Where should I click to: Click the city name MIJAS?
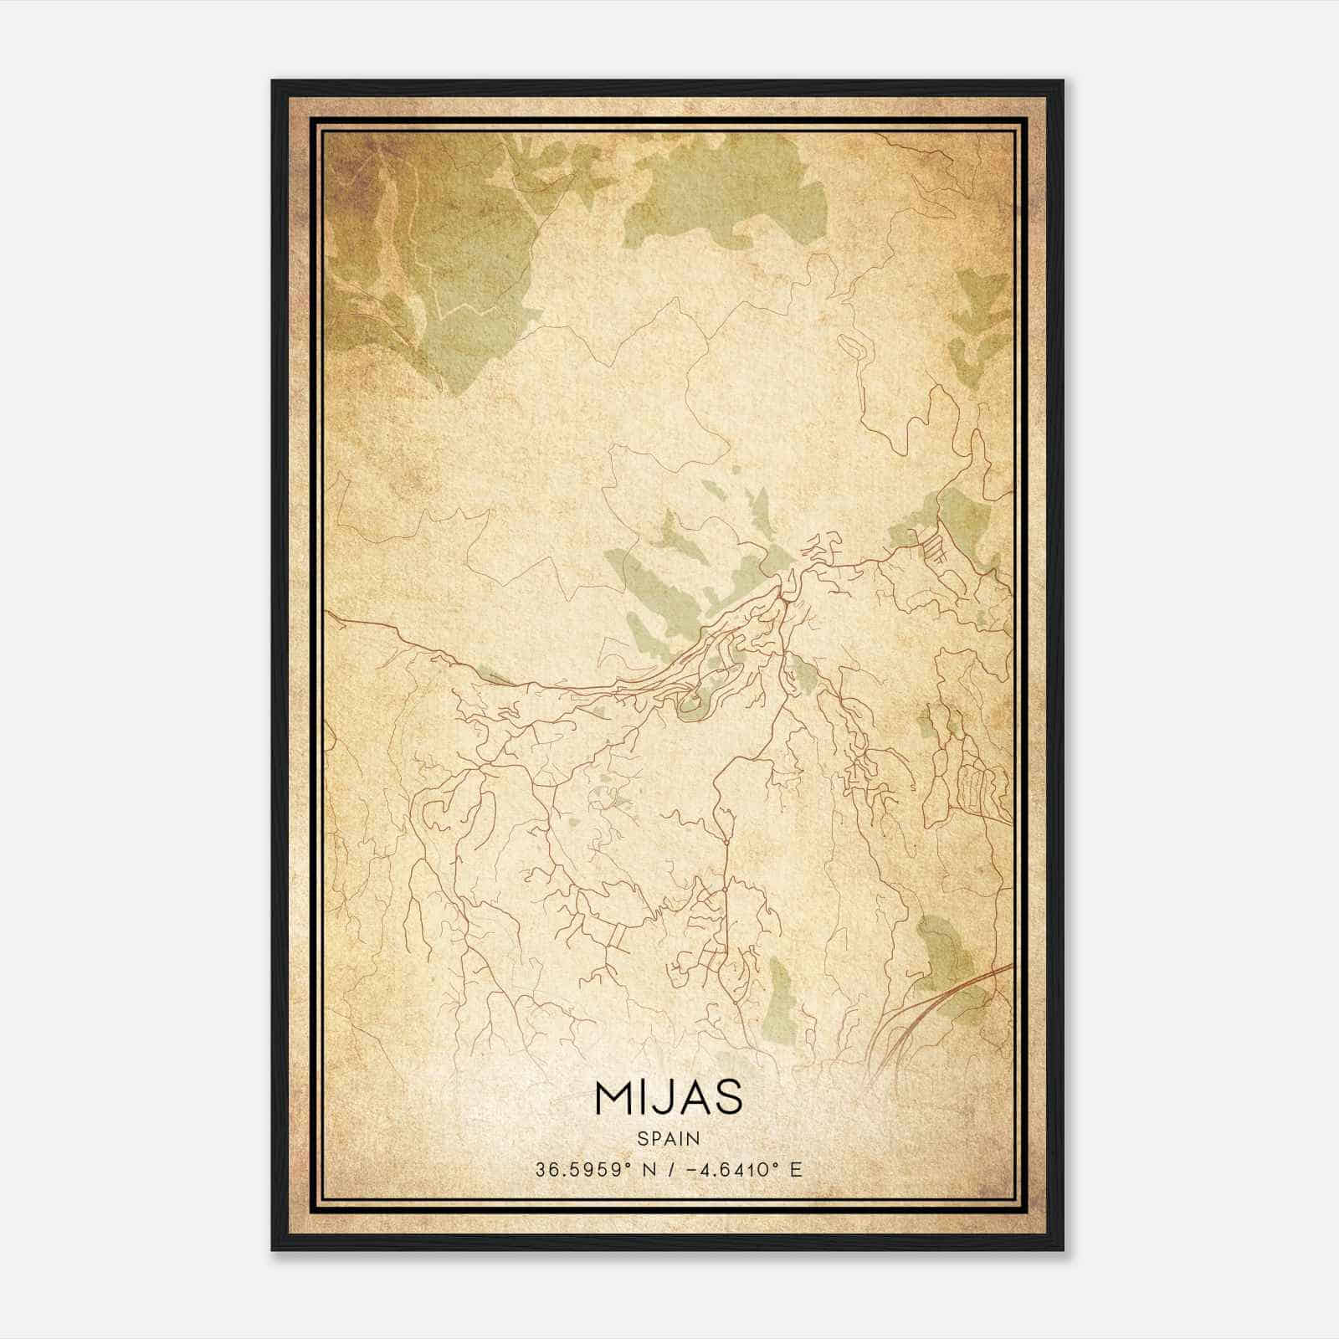(x=668, y=1097)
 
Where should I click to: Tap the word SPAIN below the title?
(x=668, y=1138)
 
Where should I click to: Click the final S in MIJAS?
(x=729, y=1097)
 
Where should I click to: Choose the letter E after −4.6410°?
(x=796, y=1170)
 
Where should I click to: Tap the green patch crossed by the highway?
(x=946, y=962)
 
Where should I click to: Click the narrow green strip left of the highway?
(x=782, y=1000)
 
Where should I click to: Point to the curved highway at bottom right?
(x=929, y=1013)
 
